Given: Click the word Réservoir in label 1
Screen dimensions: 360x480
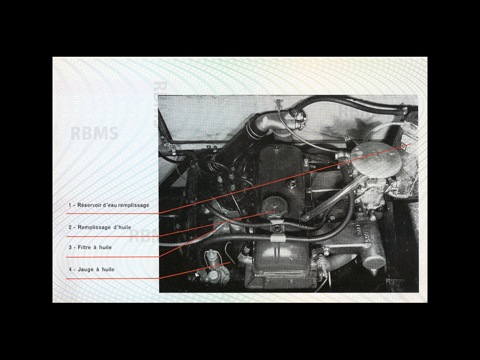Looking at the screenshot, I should tap(91, 205).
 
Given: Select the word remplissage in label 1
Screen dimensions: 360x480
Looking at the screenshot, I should tap(134, 205).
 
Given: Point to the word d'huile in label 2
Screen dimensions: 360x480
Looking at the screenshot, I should tap(122, 227).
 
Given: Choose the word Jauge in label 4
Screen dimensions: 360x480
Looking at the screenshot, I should tap(86, 270).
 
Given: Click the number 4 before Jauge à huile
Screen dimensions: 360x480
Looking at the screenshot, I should tap(70, 270).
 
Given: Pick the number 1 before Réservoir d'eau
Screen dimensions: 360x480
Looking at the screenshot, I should tap(70, 205).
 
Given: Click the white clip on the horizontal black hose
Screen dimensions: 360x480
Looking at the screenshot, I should tap(277, 239).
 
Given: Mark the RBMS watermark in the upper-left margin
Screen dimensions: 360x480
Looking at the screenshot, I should tap(94, 134).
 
